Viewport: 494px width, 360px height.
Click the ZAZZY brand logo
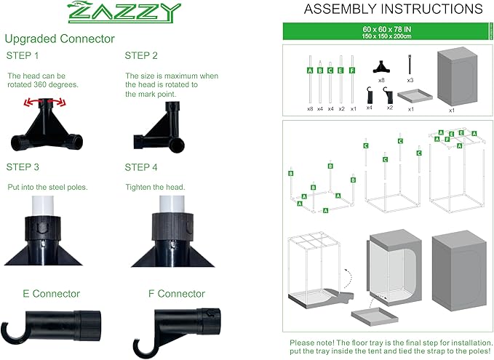tap(123, 12)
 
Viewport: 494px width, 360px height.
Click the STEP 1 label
tap(24, 55)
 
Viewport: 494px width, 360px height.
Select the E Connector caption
tap(51, 294)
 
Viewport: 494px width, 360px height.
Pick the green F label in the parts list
tap(352, 71)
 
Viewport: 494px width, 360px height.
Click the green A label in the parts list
tap(310, 71)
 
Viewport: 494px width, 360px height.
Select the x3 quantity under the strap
tap(410, 80)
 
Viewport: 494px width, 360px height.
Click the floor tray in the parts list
tap(411, 97)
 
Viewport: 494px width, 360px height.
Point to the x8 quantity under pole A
tap(310, 108)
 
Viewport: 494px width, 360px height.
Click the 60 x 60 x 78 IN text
tap(386, 28)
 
